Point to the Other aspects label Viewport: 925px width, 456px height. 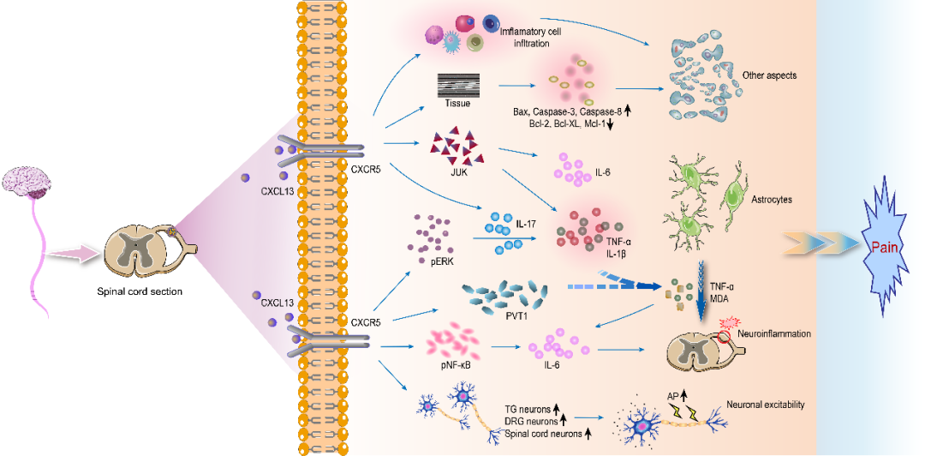[x=770, y=75]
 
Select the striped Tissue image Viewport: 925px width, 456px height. [x=458, y=86]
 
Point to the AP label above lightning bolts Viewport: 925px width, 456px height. [x=673, y=397]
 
